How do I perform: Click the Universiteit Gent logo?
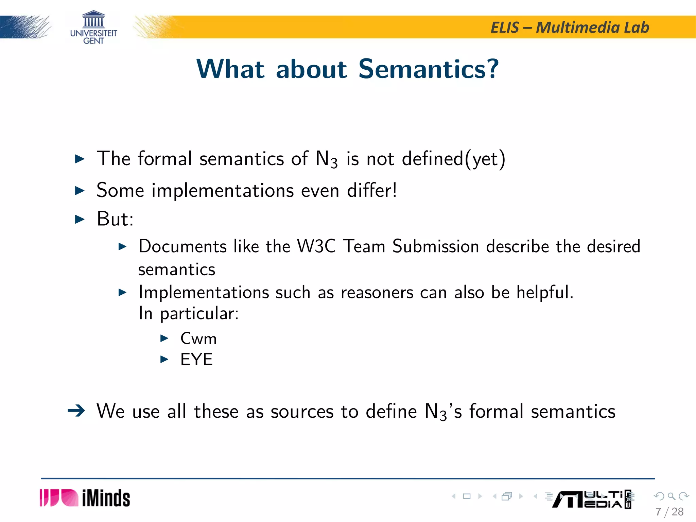93,28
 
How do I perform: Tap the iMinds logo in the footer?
85,498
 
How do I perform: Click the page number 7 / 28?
669,512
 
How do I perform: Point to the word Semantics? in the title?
429,69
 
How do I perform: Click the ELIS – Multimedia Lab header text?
570,28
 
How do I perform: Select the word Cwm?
198,338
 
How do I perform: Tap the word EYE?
196,360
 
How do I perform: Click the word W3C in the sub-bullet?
316,246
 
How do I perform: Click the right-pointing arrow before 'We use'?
76,411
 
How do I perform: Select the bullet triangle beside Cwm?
164,338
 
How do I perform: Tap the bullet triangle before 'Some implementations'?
80,190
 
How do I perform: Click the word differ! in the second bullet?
372,190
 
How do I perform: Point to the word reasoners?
377,292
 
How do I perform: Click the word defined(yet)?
454,159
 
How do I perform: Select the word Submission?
436,246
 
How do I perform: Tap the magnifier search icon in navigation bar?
671,496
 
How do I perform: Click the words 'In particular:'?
189,313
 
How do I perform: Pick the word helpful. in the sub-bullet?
545,292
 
